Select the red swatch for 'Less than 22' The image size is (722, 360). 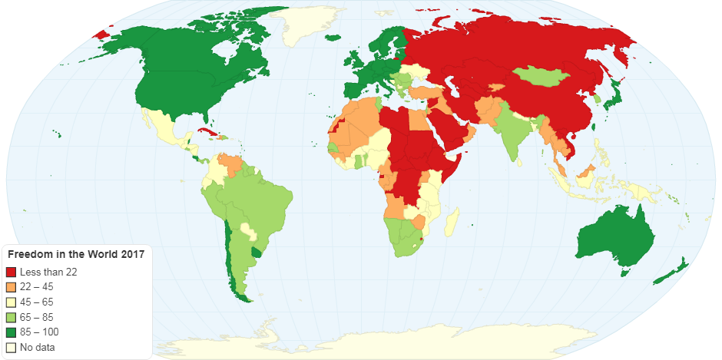(11, 272)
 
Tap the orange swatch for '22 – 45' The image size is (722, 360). (11, 286)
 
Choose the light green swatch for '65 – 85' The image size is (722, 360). (11, 317)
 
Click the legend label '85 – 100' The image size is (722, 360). (39, 332)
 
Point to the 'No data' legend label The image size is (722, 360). (36, 347)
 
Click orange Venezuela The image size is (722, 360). (228, 163)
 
